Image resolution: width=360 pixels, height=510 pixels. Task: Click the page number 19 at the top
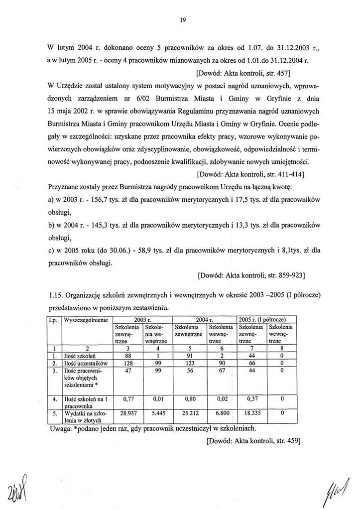pyautogui.click(x=183, y=20)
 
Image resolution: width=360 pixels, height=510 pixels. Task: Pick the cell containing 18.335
pyautogui.click(x=250, y=413)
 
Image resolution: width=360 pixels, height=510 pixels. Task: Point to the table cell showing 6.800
pyautogui.click(x=220, y=413)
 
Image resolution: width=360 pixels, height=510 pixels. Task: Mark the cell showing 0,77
pyautogui.click(x=128, y=399)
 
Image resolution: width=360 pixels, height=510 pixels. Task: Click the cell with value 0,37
pyautogui.click(x=250, y=399)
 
